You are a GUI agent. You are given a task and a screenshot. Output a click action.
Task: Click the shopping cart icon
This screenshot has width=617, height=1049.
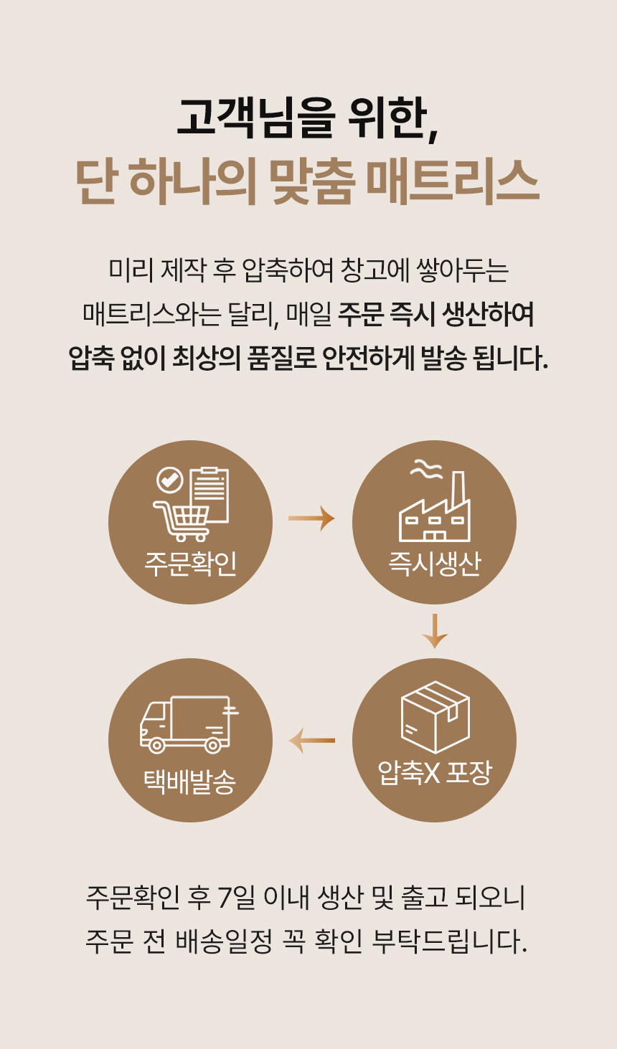pyautogui.click(x=182, y=519)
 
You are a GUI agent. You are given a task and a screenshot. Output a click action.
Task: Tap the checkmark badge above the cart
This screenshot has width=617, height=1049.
pyautogui.click(x=170, y=479)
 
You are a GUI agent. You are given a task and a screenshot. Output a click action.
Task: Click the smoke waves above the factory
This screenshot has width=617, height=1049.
pyautogui.click(x=425, y=470)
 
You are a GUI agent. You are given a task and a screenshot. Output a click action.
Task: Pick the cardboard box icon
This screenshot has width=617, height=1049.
pyautogui.click(x=435, y=717)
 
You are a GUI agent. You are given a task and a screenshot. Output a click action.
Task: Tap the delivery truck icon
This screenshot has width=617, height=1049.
pyautogui.click(x=188, y=723)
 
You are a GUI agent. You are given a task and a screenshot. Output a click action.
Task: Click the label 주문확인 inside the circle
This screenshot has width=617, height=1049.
pyautogui.click(x=190, y=564)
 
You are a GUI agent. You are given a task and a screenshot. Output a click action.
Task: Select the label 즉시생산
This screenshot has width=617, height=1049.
pyautogui.click(x=434, y=564)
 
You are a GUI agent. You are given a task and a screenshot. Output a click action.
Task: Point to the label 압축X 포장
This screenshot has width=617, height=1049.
pyautogui.click(x=434, y=773)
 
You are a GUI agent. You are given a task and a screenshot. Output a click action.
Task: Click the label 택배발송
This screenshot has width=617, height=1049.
pyautogui.click(x=190, y=781)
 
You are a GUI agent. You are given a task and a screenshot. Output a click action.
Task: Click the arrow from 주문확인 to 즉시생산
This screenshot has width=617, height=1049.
pyautogui.click(x=311, y=518)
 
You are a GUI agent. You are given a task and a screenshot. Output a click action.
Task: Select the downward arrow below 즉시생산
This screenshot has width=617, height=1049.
pyautogui.click(x=435, y=631)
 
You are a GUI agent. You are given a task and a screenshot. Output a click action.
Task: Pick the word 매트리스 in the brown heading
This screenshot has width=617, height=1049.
pyautogui.click(x=452, y=181)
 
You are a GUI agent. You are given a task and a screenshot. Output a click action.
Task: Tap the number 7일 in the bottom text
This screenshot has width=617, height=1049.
pyautogui.click(x=233, y=897)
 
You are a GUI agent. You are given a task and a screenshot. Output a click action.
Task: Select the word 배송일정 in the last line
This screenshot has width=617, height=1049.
pyautogui.click(x=223, y=941)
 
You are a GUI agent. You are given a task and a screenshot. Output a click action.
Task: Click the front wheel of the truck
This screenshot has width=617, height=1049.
pyautogui.click(x=156, y=746)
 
